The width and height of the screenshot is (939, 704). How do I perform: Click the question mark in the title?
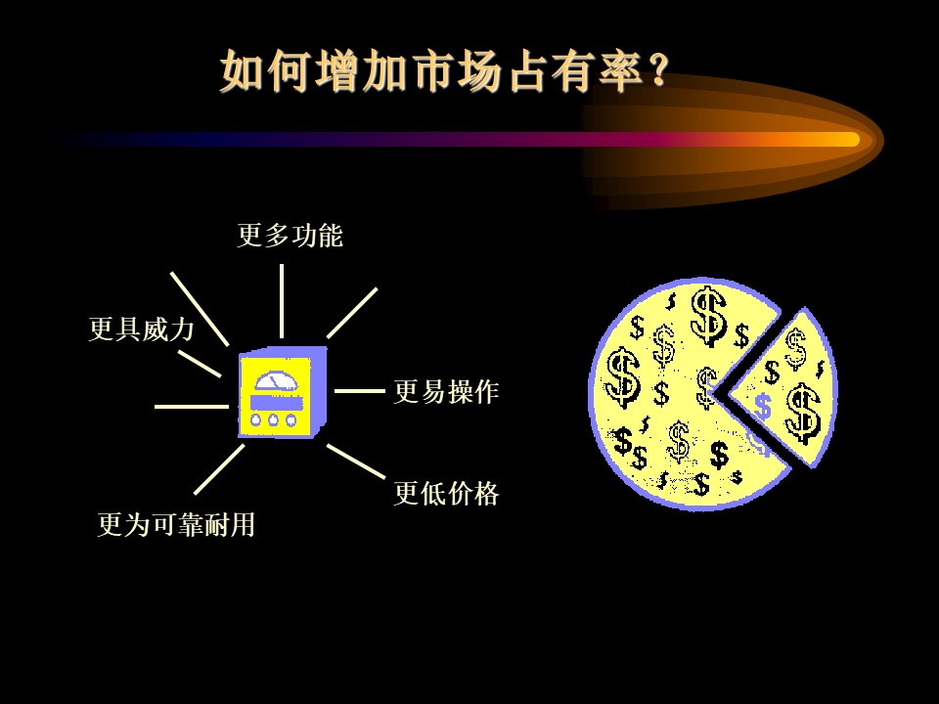coord(657,70)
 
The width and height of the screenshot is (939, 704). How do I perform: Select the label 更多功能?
coord(290,235)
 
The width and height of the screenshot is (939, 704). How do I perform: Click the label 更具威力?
coord(141,329)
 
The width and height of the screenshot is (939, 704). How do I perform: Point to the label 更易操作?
coord(446,392)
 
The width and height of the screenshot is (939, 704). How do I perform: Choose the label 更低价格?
coord(446,494)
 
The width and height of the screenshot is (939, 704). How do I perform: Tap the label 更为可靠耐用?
coord(177,524)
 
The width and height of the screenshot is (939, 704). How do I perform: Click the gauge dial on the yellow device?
coord(276,381)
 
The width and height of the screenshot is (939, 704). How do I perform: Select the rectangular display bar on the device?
coord(275,402)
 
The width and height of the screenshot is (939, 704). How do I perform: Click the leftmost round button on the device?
coord(255,420)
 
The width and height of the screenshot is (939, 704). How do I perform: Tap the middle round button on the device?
coord(273,420)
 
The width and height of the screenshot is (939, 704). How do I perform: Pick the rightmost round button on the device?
coord(291,420)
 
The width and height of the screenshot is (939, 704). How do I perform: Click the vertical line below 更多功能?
coord(282,301)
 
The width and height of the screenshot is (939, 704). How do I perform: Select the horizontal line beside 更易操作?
coord(359,391)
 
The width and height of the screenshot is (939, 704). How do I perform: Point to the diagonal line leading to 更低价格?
coord(356,461)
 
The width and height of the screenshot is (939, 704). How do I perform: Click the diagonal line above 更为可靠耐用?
coord(219,469)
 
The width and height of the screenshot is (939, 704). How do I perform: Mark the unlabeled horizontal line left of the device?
coord(192,407)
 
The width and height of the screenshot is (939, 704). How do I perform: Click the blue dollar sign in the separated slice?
coord(762,407)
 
